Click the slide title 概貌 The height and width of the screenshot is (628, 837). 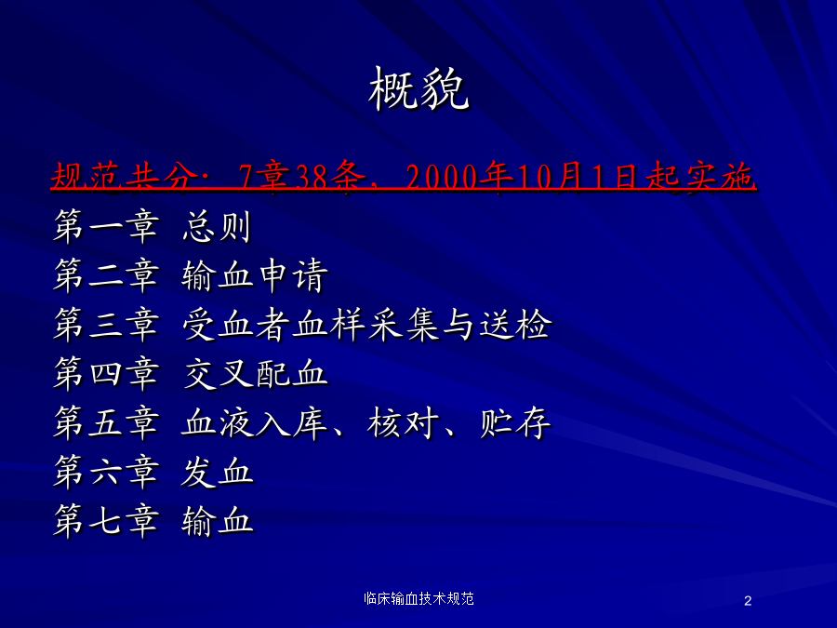pyautogui.click(x=418, y=89)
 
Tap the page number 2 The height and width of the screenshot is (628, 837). pyautogui.click(x=748, y=601)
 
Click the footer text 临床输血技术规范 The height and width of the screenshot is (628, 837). pyautogui.click(x=418, y=598)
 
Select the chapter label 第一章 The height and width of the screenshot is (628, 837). pyautogui.click(x=106, y=226)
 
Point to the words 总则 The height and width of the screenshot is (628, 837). pyautogui.click(x=216, y=226)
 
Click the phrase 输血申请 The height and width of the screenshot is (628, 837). pyautogui.click(x=255, y=275)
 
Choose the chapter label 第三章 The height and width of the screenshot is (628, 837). pyautogui.click(x=106, y=325)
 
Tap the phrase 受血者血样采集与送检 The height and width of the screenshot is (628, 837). pyautogui.click(x=366, y=325)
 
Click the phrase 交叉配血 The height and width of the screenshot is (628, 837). pyautogui.click(x=255, y=374)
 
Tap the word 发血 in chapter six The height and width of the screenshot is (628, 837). pyautogui.click(x=216, y=472)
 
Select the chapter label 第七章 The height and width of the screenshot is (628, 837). pyautogui.click(x=106, y=521)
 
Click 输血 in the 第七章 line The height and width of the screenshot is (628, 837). pyautogui.click(x=216, y=521)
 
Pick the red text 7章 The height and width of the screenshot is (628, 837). pyautogui.click(x=264, y=176)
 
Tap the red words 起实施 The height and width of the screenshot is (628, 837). pyautogui.click(x=699, y=176)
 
